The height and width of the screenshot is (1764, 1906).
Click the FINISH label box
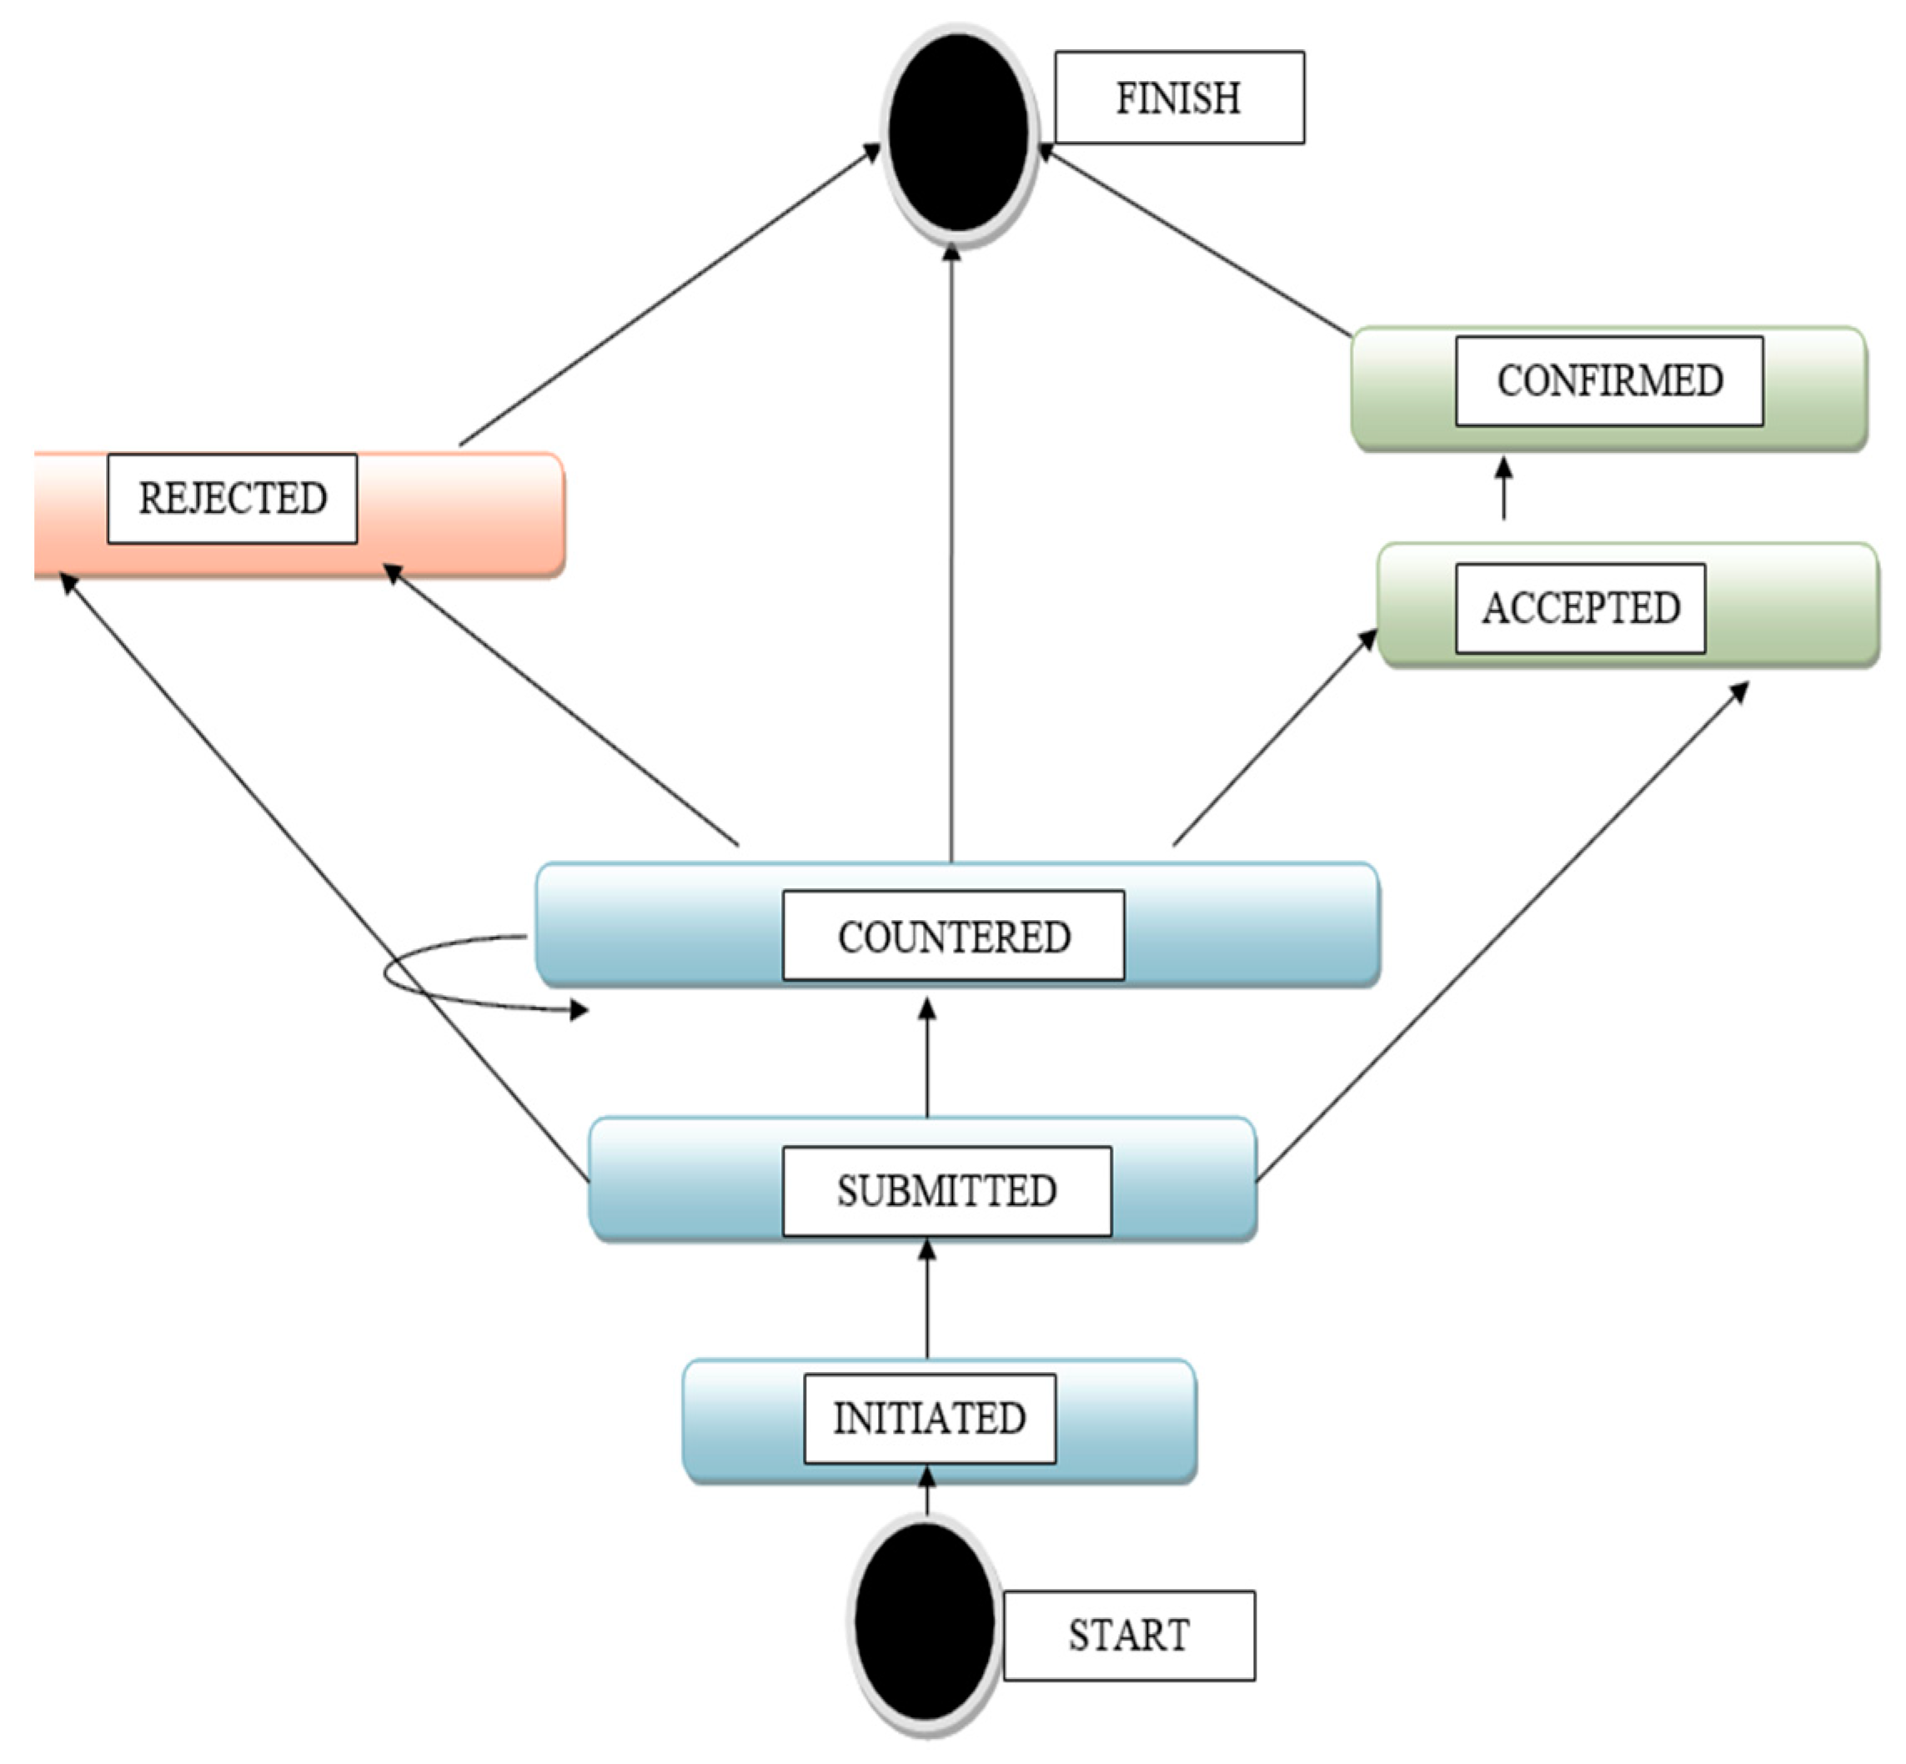[x=1178, y=98]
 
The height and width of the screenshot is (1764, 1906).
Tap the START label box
[x=1128, y=1635]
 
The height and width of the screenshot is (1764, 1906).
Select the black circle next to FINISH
[x=958, y=133]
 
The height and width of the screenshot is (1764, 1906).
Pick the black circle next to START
[x=924, y=1621]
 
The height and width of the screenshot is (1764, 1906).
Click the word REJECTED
[x=232, y=498]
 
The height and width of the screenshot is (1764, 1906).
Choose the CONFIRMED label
[x=1609, y=381]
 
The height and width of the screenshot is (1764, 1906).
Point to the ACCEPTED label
[x=1580, y=608]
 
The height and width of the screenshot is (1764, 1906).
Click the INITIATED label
[x=929, y=1419]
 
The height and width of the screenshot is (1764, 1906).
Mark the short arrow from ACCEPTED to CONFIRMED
[x=1504, y=490]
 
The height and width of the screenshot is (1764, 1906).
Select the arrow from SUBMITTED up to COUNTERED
[x=927, y=1059]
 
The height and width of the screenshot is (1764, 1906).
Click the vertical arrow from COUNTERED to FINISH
[x=951, y=554]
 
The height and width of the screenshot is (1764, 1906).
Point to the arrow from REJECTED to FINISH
[x=668, y=296]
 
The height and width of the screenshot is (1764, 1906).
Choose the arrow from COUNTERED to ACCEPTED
[x=1274, y=738]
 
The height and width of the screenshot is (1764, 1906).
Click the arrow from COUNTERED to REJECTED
[x=563, y=706]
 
